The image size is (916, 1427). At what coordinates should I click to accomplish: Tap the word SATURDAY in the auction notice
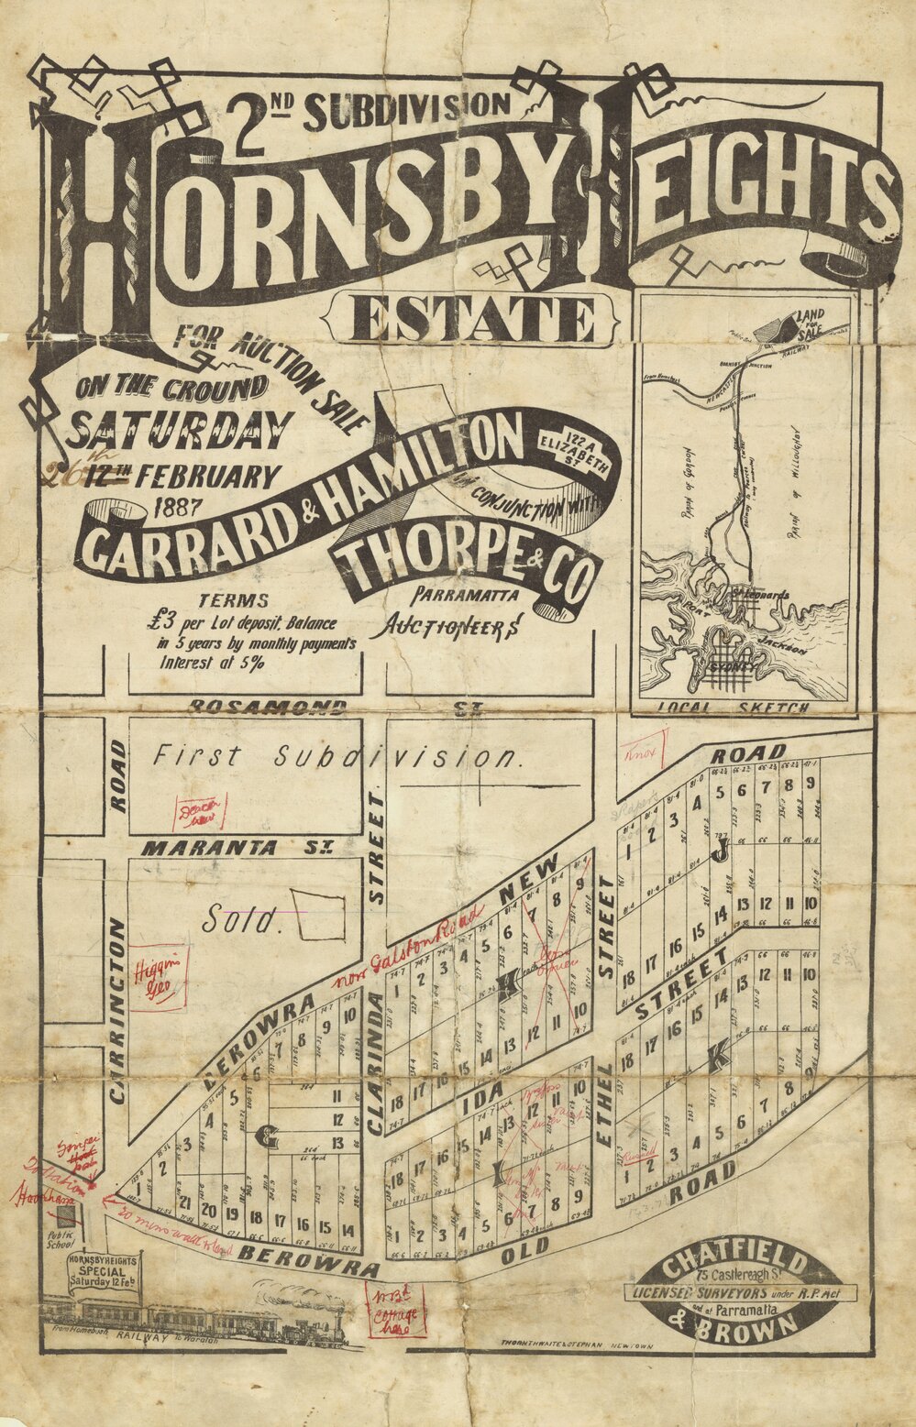coord(180,428)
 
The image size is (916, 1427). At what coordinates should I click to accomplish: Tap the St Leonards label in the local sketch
coord(759,595)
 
